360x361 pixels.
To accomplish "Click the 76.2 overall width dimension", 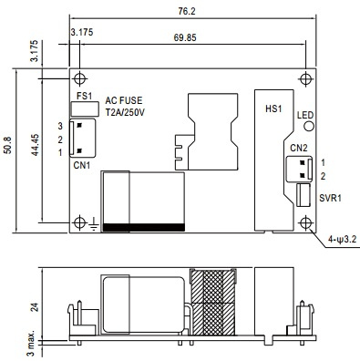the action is pos(187,11).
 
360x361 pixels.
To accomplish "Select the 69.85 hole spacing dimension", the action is pos(185,37).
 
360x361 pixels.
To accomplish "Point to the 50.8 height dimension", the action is pos(7,145).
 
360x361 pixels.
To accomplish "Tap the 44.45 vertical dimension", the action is pos(36,145).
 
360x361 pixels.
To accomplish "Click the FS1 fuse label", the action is pos(84,96).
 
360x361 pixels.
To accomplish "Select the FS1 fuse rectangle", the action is pos(85,109).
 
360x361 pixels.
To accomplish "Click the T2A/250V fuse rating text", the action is pos(125,113).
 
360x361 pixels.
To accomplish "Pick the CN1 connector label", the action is pos(82,166).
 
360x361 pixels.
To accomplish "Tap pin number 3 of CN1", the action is pos(60,126).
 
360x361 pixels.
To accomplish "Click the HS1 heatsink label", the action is pos(273,108).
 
